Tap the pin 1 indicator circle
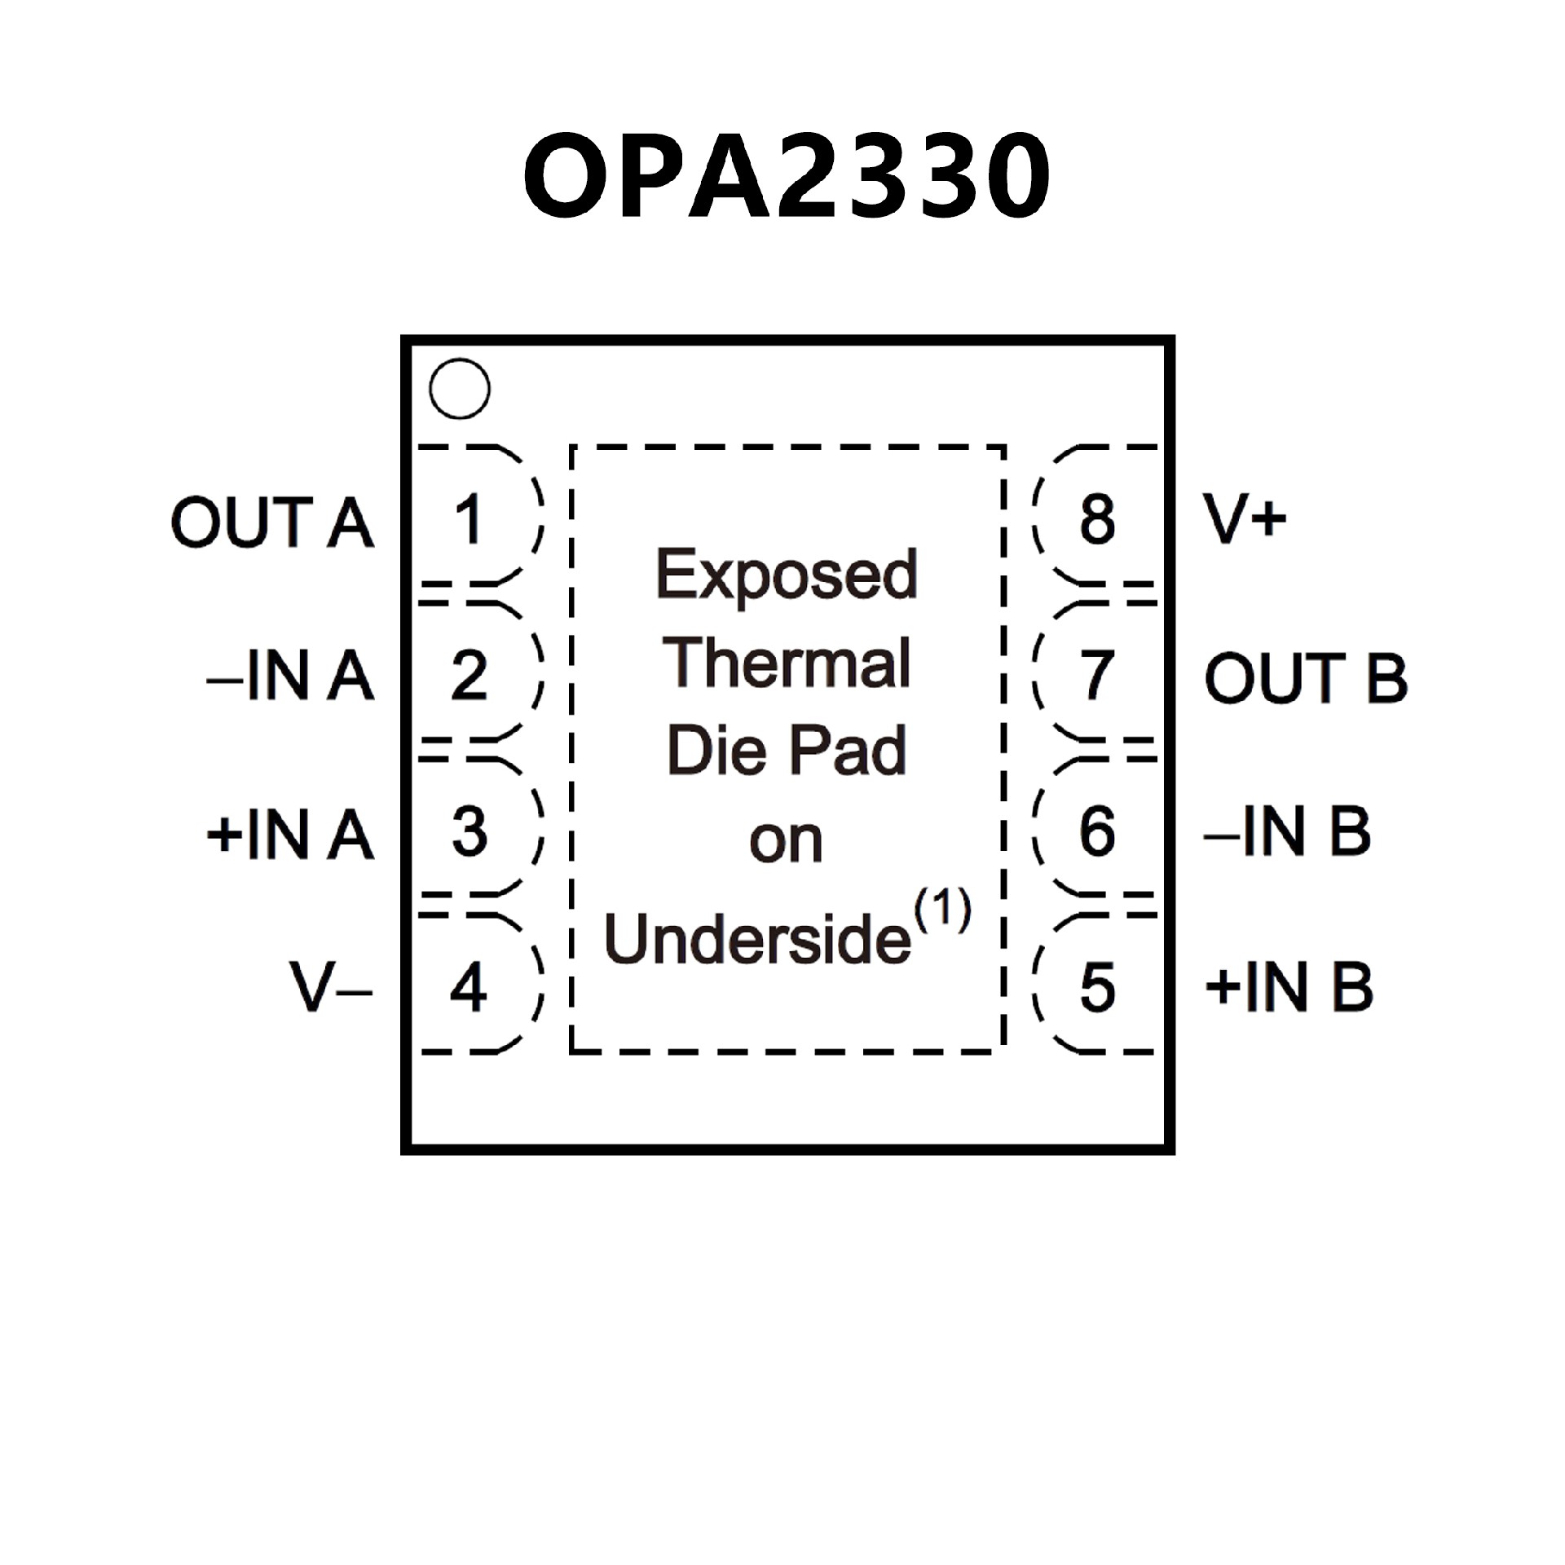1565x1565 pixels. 460,389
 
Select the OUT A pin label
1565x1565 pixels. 272,522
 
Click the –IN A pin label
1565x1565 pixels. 290,676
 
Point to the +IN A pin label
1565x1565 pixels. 290,834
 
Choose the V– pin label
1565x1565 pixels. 331,987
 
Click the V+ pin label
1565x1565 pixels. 1245,519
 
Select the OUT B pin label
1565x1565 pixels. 1306,677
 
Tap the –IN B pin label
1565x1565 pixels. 1288,832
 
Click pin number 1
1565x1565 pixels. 468,519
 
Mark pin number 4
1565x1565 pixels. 469,988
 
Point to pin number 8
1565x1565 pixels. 1097,519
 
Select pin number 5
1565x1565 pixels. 1097,988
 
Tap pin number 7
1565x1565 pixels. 1097,676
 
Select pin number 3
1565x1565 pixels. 469,832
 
